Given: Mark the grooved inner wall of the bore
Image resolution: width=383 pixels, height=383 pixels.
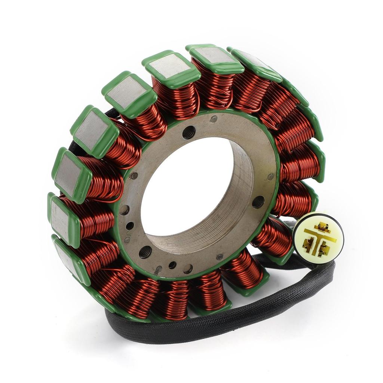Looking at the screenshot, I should [239, 198].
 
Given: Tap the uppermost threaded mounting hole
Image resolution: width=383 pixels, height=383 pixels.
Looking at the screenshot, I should [189, 132].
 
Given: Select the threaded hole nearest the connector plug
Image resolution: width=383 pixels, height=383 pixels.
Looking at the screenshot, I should [258, 202].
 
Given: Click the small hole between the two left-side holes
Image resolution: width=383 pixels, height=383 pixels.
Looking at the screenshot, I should [130, 226].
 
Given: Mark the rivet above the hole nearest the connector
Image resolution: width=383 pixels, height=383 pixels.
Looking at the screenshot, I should [270, 177].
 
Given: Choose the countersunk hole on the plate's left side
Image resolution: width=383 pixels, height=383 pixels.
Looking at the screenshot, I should [125, 210].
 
